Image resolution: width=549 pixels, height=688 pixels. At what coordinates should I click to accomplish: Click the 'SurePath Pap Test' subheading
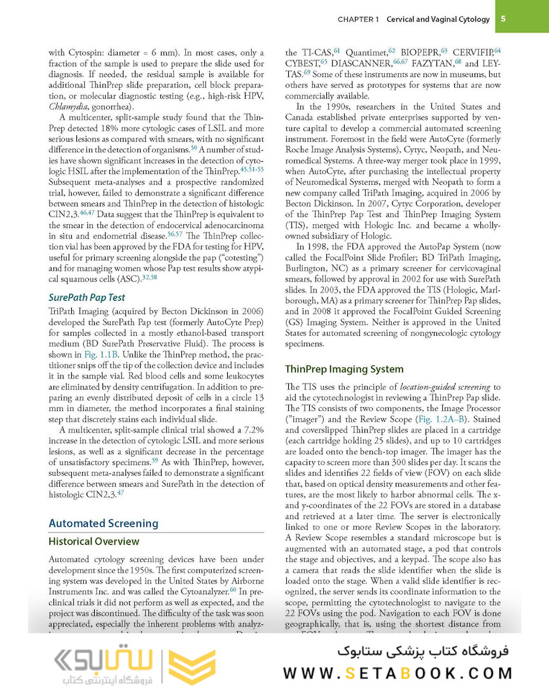click(87, 297)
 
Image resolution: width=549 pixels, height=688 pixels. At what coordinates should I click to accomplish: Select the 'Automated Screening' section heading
click(103, 523)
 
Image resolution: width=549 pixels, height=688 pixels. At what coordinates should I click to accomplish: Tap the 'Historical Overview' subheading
click(94, 541)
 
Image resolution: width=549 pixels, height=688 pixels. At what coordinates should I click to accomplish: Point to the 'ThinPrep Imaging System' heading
click(344, 369)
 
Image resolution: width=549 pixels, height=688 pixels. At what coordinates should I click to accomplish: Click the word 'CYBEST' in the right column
click(302, 63)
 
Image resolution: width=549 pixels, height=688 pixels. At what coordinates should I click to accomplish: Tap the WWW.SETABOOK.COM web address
click(398, 673)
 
